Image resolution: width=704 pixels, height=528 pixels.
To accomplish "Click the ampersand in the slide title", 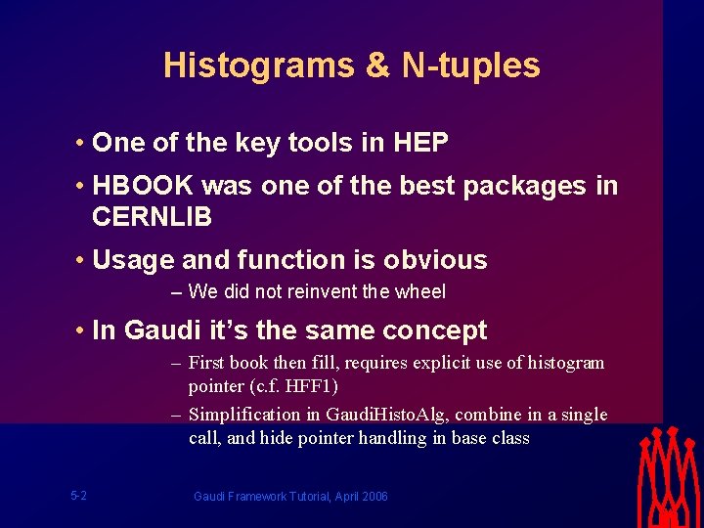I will (377, 66).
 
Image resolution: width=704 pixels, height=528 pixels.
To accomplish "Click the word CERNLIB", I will (152, 216).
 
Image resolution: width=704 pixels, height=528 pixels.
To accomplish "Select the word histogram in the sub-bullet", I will (566, 363).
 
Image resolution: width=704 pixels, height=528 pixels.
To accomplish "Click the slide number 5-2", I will (78, 496).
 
